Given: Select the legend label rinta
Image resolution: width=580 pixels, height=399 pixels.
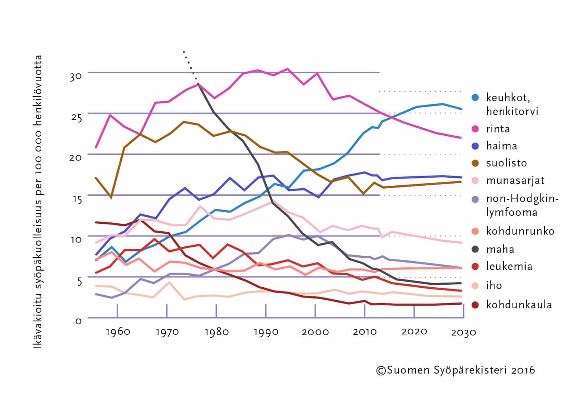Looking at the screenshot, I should [x=498, y=129].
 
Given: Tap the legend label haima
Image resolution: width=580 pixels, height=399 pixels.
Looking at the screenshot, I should [x=501, y=146].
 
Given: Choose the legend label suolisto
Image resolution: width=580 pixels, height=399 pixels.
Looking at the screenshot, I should [x=506, y=163].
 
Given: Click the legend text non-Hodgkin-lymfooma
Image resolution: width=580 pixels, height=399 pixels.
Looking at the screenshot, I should [x=522, y=205].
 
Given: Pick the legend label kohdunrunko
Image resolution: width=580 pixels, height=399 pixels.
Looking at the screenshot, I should [x=520, y=231].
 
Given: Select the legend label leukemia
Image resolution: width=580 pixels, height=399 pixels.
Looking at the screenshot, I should [x=509, y=266].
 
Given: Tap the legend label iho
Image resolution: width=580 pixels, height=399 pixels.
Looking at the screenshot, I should [x=494, y=285].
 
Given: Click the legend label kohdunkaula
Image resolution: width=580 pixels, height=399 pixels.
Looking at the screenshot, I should [x=519, y=304].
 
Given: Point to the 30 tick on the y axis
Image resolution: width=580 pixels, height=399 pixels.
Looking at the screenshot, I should [x=76, y=77].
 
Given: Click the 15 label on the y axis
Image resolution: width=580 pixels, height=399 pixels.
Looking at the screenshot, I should [x=76, y=199].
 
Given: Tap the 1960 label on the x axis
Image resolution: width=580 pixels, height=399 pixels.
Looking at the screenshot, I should [x=118, y=332].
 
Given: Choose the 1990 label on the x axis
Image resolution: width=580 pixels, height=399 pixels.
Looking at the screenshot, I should [x=266, y=332].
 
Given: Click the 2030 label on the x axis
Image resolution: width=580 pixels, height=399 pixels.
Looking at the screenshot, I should [x=463, y=332].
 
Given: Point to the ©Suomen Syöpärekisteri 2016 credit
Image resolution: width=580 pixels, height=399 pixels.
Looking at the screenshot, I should [x=455, y=370].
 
